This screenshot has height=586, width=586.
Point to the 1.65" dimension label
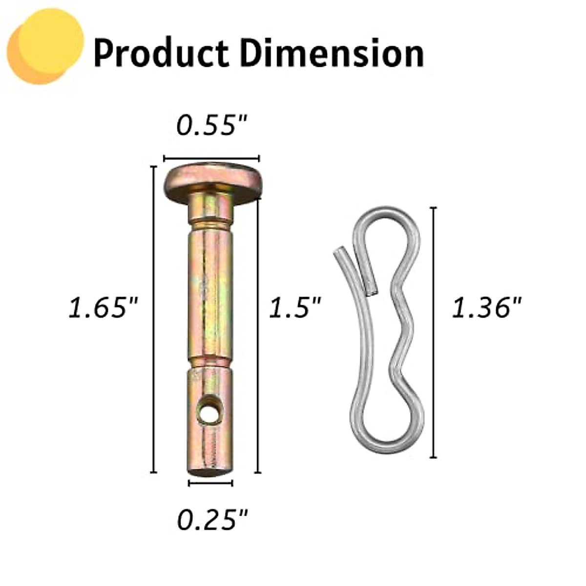coord(104,308)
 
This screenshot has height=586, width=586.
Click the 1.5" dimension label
coord(295,308)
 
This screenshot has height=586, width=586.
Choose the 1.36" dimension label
coord(486,308)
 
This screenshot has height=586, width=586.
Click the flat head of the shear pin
coord(211,180)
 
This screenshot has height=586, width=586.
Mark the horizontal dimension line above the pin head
coord(211,158)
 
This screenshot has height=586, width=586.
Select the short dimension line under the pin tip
coord(210,483)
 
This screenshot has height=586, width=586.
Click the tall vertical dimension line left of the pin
coord(154,319)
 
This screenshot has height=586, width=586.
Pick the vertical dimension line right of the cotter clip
coord(433,332)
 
